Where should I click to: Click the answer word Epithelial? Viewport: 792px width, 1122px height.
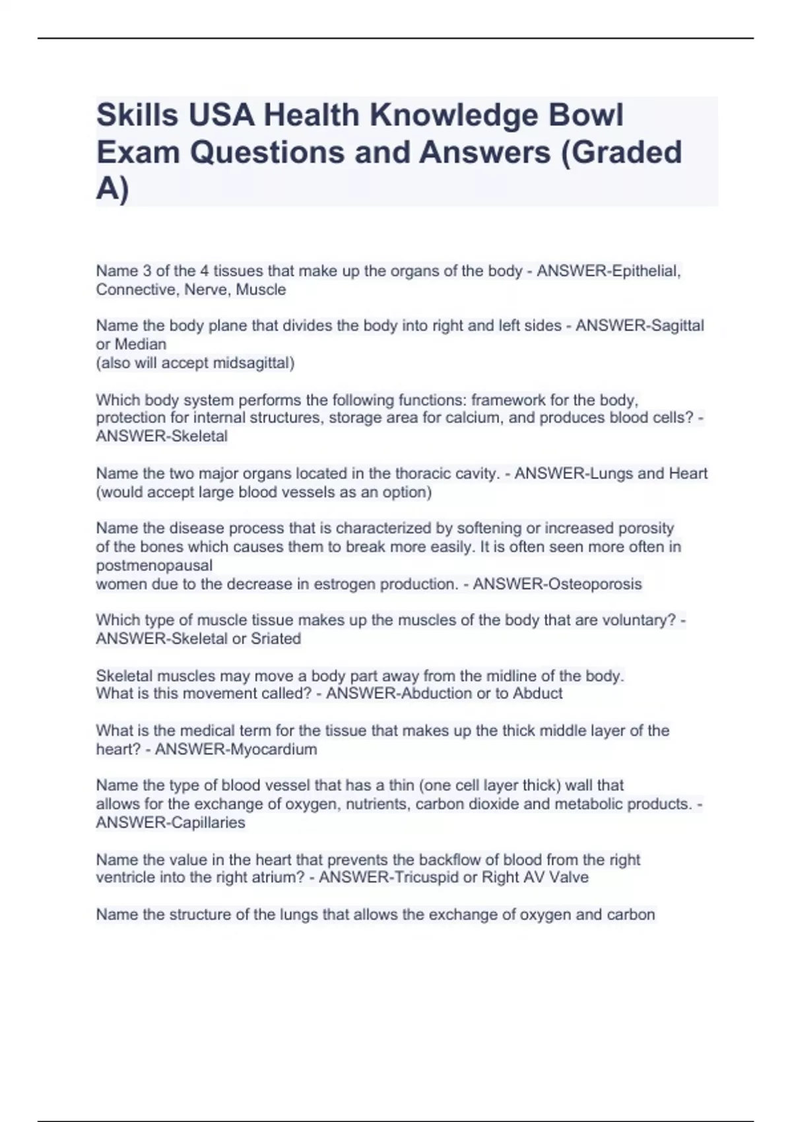tap(645, 271)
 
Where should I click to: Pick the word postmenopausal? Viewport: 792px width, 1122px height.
tap(154, 566)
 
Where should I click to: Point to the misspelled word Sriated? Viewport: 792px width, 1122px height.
tap(275, 639)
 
